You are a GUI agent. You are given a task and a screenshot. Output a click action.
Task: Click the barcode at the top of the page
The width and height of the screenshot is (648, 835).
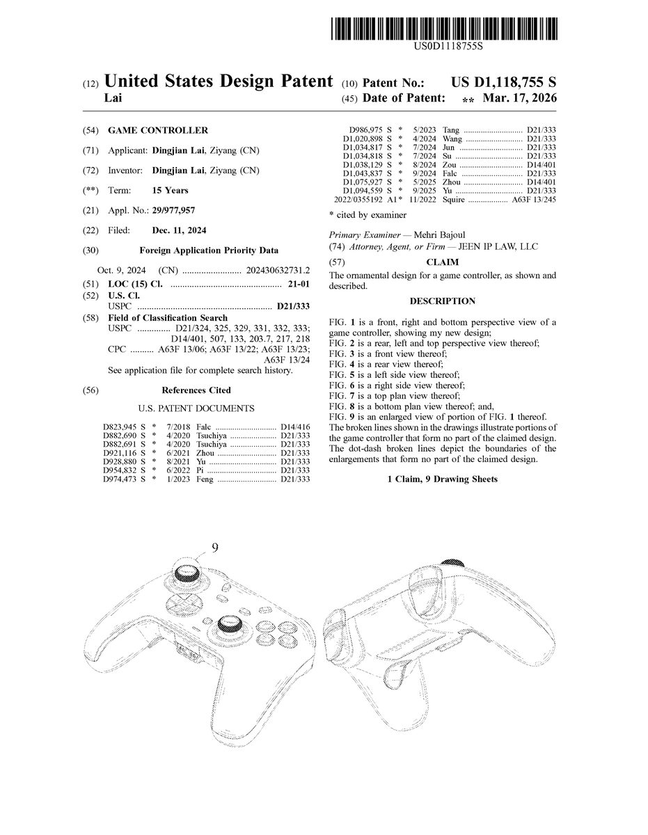(445, 28)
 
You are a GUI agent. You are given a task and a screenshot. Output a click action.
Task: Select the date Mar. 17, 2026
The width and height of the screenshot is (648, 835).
(523, 99)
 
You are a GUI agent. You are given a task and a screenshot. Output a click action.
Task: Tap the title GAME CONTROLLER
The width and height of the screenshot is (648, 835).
(158, 130)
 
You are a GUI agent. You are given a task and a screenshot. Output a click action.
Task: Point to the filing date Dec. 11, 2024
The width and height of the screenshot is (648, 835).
(179, 230)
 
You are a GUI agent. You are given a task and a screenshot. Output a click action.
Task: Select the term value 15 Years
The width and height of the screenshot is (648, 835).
(170, 190)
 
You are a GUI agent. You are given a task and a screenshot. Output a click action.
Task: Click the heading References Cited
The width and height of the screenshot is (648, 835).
(196, 390)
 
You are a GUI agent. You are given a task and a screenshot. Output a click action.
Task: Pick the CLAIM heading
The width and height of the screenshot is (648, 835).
(442, 262)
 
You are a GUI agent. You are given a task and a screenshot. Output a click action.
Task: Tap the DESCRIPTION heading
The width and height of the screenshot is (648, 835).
(442, 301)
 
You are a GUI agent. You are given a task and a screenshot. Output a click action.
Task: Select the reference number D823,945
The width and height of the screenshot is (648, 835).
(118, 426)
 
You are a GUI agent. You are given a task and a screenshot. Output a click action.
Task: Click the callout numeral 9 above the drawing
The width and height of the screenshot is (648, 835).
(214, 548)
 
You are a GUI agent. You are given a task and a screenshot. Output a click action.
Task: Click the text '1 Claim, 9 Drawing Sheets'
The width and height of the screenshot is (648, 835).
(442, 479)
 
